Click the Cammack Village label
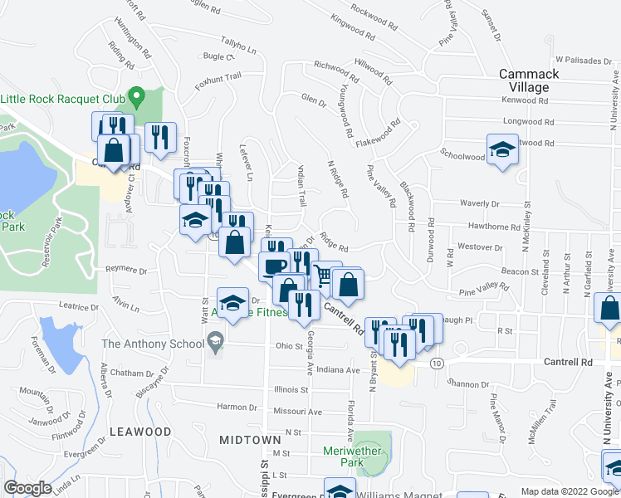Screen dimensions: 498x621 pyautogui.click(x=535, y=81)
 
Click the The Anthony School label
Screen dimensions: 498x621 pyautogui.click(x=153, y=344)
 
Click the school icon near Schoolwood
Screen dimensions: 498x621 pyautogui.click(x=501, y=150)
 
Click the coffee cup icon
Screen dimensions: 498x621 pyautogui.click(x=275, y=266)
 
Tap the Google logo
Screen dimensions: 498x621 pyautogui.click(x=27, y=488)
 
